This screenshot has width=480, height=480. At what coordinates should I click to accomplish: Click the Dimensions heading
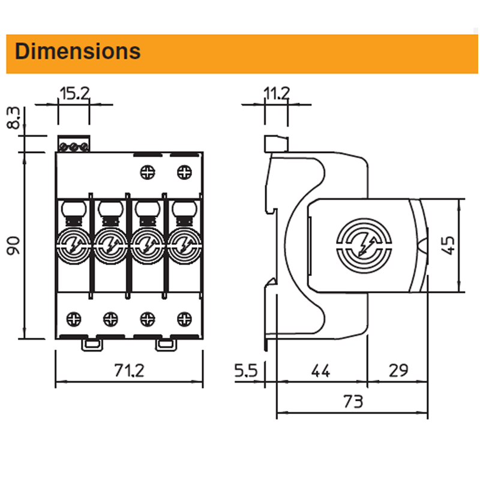(77, 52)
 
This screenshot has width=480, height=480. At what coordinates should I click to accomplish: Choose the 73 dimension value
(353, 401)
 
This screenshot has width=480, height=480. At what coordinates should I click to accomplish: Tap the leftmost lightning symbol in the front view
(73, 245)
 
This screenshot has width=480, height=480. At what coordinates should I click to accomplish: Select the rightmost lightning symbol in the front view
(184, 245)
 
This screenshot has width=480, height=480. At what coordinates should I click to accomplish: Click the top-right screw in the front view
(184, 173)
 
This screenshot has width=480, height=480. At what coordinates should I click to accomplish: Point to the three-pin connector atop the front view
(74, 145)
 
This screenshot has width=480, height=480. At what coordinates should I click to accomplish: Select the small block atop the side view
(276, 143)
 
